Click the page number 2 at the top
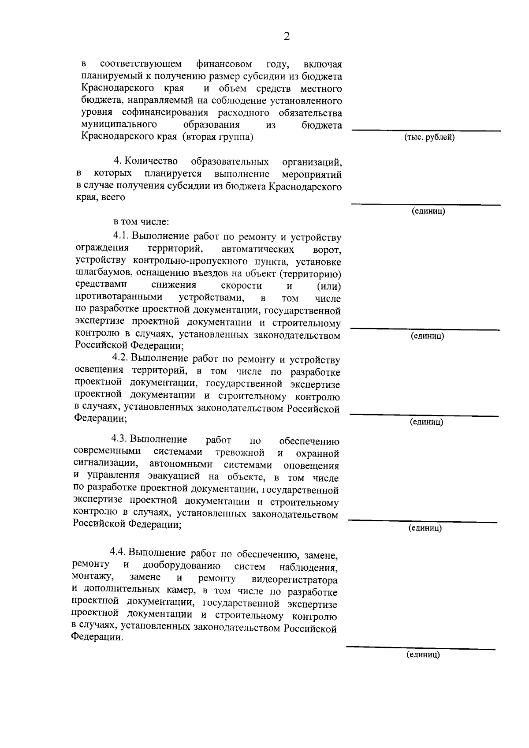point(287,37)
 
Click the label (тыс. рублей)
point(429,138)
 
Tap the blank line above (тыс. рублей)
point(426,130)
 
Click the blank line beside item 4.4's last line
point(421,647)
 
